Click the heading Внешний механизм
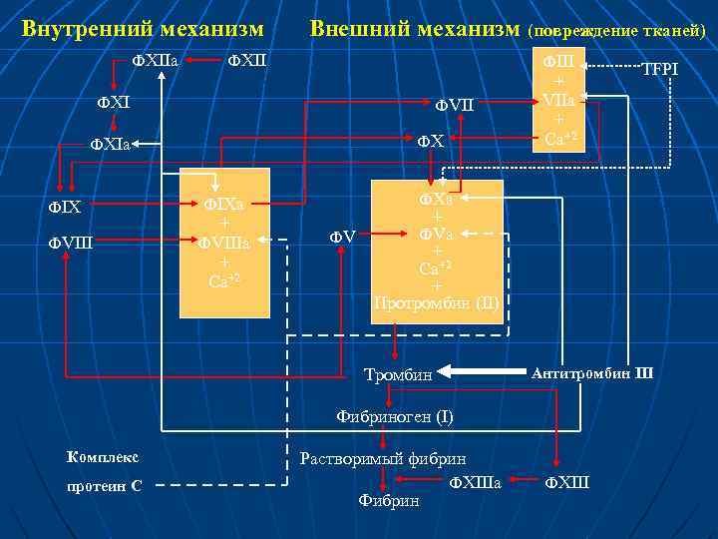[x=414, y=28]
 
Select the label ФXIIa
[x=156, y=63]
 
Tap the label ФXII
[x=247, y=63]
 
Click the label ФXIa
[x=114, y=144]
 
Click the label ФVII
[x=455, y=105]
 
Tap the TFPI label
[x=659, y=70]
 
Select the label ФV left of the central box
[x=342, y=237]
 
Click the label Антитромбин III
[x=592, y=373]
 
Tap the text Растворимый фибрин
[x=383, y=459]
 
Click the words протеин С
[x=105, y=485]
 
